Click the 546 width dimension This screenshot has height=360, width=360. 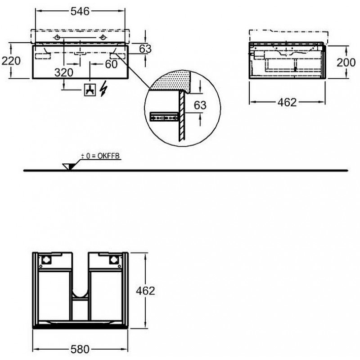click(80, 11)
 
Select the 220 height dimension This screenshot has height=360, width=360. click(11, 61)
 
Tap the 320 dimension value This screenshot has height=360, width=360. click(64, 72)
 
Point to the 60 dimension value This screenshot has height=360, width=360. click(111, 64)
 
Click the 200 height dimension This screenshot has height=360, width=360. click(346, 62)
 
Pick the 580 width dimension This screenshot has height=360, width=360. click(80, 350)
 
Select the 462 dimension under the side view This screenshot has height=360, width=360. click(287, 102)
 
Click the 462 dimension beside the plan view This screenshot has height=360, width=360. click(145, 291)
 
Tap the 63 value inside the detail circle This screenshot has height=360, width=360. click(200, 105)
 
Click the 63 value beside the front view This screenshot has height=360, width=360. click(145, 49)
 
